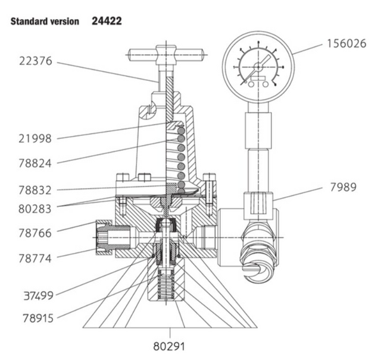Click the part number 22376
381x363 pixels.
[x=38, y=61]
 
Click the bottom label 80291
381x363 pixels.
[x=170, y=346]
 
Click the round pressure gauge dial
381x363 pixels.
[x=258, y=67]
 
